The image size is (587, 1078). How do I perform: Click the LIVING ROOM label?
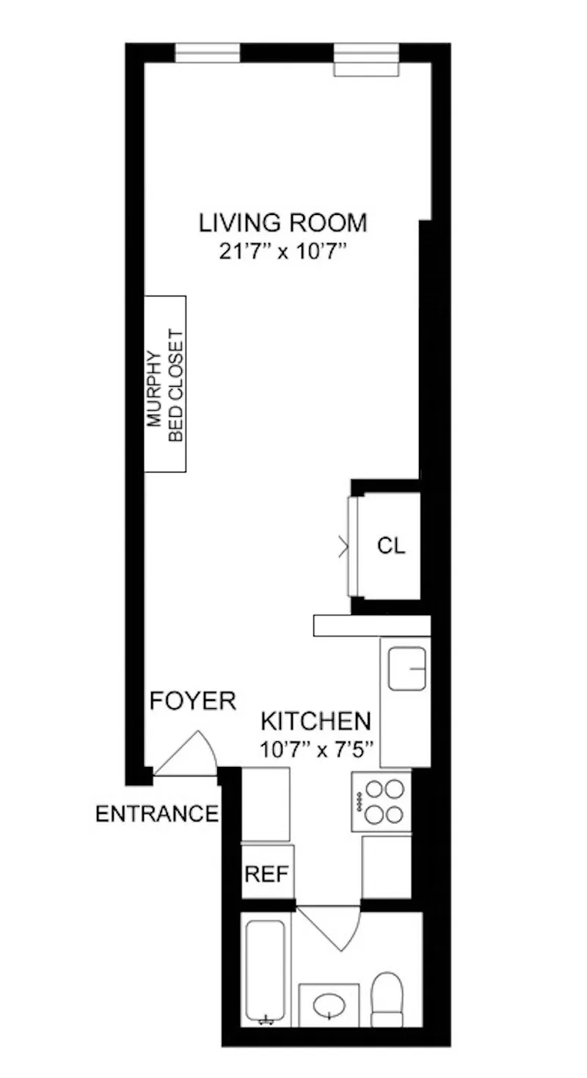(x=283, y=222)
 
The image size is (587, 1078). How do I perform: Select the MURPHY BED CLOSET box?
(x=165, y=384)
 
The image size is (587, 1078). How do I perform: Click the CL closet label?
(x=391, y=546)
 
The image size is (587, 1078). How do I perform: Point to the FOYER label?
(x=193, y=701)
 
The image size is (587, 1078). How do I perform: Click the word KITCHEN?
(x=316, y=721)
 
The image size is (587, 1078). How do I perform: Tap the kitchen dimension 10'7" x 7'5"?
(x=316, y=750)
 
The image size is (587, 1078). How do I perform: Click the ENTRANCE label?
(x=157, y=814)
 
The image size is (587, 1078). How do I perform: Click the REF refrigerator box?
(x=268, y=873)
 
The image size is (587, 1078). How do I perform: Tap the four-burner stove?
(x=381, y=801)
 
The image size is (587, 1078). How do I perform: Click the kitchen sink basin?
(x=407, y=669)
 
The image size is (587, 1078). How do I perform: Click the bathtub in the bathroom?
(x=266, y=970)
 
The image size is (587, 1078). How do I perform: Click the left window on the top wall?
(x=207, y=53)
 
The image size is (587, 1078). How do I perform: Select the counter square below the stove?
(x=387, y=866)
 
